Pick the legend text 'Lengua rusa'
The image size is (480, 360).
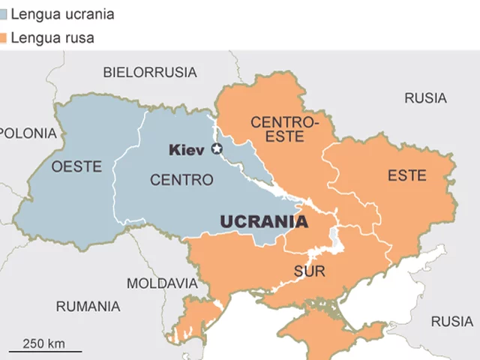pyautogui.click(x=52, y=37)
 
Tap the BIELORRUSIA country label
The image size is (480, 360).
pyautogui.click(x=150, y=73)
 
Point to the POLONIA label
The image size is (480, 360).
pyautogui.click(x=28, y=133)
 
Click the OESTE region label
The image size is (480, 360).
pyautogui.click(x=76, y=166)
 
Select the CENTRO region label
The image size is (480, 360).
pyautogui.click(x=181, y=180)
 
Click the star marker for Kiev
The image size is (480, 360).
pyautogui.click(x=218, y=149)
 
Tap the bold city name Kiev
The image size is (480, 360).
pyautogui.click(x=187, y=150)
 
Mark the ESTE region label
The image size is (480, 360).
pyautogui.click(x=406, y=176)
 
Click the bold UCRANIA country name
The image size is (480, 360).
pyautogui.click(x=263, y=222)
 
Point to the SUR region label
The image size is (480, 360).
pyautogui.click(x=309, y=271)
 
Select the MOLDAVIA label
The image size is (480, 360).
pyautogui.click(x=161, y=283)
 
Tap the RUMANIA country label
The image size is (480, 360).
pyautogui.click(x=88, y=306)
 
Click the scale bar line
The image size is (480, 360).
pyautogui.click(x=46, y=351)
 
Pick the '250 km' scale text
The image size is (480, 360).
pyautogui.click(x=43, y=343)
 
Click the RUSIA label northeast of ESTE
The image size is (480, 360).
pyautogui.click(x=425, y=98)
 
